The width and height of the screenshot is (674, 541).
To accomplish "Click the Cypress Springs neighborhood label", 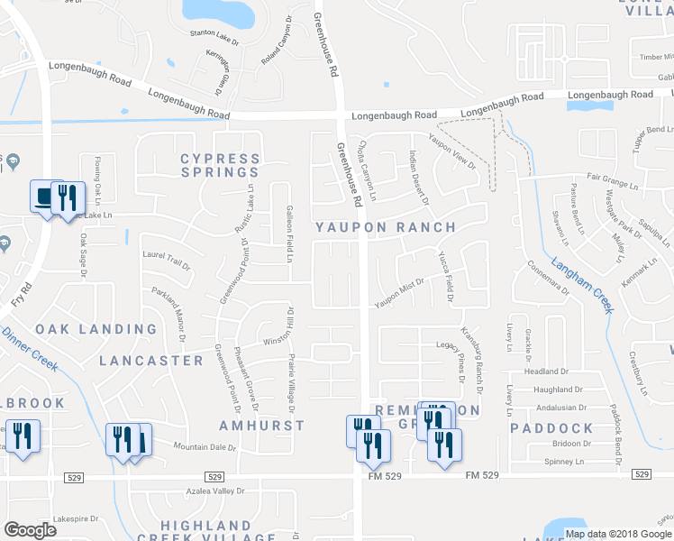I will pos(220,165).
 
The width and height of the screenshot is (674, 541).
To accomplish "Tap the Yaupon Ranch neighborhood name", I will pos(385,227).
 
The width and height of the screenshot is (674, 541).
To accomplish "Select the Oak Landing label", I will pos(96,329).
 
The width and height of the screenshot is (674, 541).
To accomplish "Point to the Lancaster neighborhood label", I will pos(151,360).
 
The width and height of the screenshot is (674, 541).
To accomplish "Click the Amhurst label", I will pos(262,425).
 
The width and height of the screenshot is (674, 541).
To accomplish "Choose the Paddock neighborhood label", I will pos(551,428).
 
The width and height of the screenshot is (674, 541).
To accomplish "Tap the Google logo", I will pos(31,530).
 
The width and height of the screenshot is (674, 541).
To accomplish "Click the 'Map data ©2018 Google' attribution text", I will pos(618,534).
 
